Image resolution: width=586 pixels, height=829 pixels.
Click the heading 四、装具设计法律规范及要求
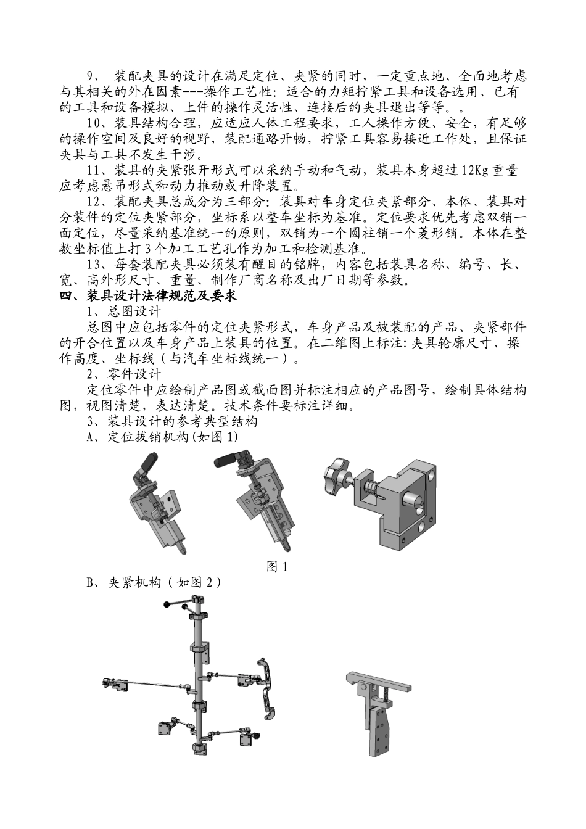point(148,295)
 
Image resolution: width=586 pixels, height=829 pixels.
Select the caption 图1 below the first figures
point(277,566)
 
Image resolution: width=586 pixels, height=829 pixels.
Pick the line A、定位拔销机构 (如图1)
point(163,437)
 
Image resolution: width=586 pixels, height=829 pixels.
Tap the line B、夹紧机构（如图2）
point(154,582)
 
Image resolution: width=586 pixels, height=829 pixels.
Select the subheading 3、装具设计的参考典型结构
point(173,421)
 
